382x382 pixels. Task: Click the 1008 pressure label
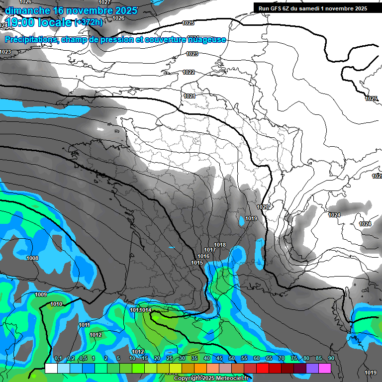32,258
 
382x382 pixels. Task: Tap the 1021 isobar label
189,96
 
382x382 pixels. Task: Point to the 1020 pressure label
263,207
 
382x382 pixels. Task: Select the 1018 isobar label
220,245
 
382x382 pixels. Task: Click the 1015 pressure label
197,263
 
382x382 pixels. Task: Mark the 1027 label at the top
104,2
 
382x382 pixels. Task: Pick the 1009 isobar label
41,295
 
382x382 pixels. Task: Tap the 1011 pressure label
84,325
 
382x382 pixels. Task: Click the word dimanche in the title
28,10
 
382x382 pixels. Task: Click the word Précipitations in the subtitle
30,39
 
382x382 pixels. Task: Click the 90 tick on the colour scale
331,359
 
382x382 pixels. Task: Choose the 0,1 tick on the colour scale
58,359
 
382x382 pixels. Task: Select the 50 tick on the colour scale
232,359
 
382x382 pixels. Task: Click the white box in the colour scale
51,368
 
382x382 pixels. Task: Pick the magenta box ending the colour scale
325,368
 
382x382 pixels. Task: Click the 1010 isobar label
56,304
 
